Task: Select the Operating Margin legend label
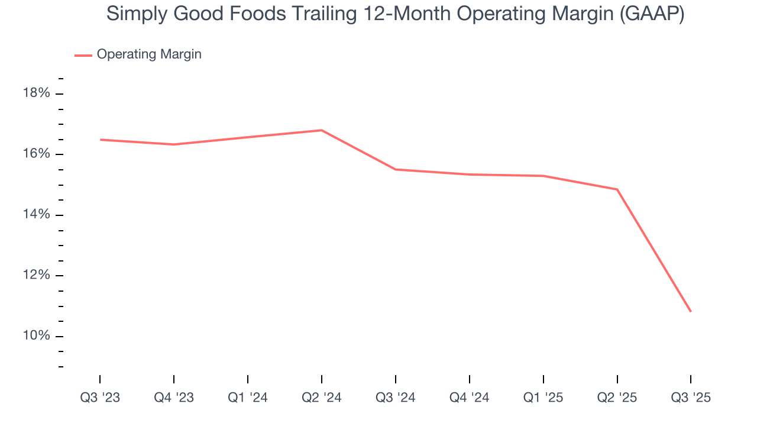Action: pos(149,54)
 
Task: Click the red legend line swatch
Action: pos(83,55)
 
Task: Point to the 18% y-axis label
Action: pos(37,93)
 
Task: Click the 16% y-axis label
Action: pos(37,154)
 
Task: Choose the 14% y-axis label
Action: pos(37,215)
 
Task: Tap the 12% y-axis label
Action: pos(37,275)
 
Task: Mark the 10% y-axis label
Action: pos(37,336)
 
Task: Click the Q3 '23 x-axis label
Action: pos(100,398)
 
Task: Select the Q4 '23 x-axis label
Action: pos(174,398)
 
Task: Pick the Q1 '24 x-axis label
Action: pos(248,398)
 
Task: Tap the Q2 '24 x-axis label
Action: pos(322,398)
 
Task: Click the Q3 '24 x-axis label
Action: pos(396,398)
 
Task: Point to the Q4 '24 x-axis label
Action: pos(470,398)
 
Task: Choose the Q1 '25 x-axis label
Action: pos(544,398)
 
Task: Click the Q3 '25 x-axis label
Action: pos(691,398)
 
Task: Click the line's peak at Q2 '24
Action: pos(322,130)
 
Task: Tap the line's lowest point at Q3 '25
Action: pos(690,311)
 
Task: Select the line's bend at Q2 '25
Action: pos(617,189)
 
